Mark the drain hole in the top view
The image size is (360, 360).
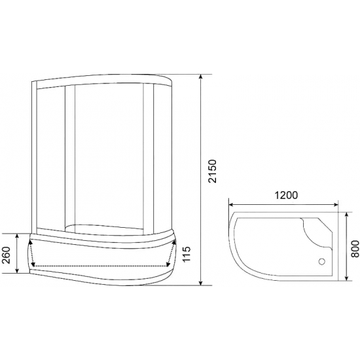click(x=321, y=262)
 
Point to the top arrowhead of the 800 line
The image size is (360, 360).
click(x=342, y=213)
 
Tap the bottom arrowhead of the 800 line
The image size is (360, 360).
click(x=342, y=279)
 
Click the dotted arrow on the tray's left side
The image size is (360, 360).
click(x=31, y=253)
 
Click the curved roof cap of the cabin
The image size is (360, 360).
click(x=105, y=77)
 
